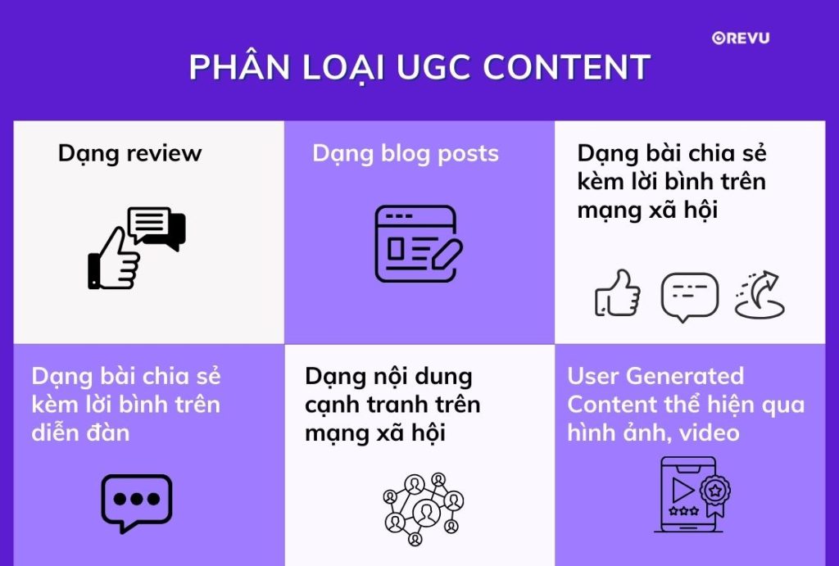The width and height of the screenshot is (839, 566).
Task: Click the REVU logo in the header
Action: coord(741,37)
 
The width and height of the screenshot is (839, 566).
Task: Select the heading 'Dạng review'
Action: coord(129,153)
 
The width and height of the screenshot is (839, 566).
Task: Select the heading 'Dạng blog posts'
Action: coord(406,153)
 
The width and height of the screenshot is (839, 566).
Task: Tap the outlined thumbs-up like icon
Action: coord(617,293)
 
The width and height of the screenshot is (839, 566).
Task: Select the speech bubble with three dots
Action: coord(136,501)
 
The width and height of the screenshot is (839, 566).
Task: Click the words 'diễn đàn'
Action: coord(80,432)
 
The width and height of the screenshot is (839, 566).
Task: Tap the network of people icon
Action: coord(423,509)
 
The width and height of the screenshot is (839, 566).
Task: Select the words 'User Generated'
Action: coord(655,377)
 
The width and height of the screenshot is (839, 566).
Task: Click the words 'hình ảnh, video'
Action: coord(653,432)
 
